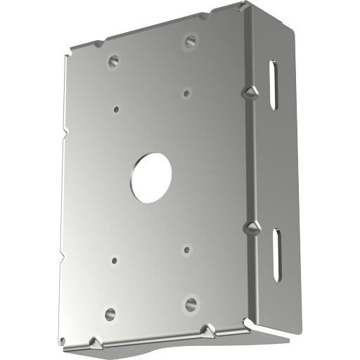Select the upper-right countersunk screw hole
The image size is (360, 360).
tap(190, 41)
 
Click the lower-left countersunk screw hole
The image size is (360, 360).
tap(110, 314)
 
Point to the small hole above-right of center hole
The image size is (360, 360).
tap(187, 92)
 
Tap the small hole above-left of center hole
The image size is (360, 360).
tap(116, 110)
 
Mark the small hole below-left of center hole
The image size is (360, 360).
tap(115, 259)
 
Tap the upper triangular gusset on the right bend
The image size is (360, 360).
tap(251, 92)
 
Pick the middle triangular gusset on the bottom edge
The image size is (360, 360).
tap(206, 329)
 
